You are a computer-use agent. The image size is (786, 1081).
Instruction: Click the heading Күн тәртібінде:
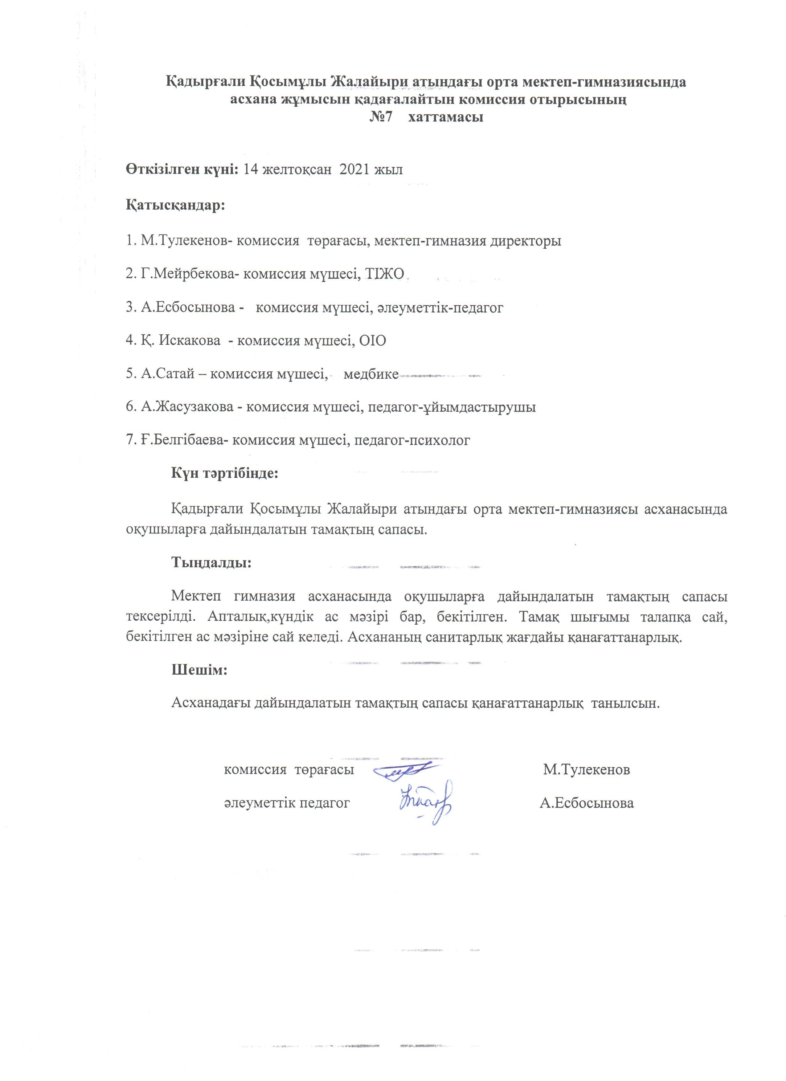[x=224, y=474]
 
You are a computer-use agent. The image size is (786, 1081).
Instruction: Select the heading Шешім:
[x=199, y=670]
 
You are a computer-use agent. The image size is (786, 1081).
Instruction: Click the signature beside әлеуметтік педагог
[x=426, y=803]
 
